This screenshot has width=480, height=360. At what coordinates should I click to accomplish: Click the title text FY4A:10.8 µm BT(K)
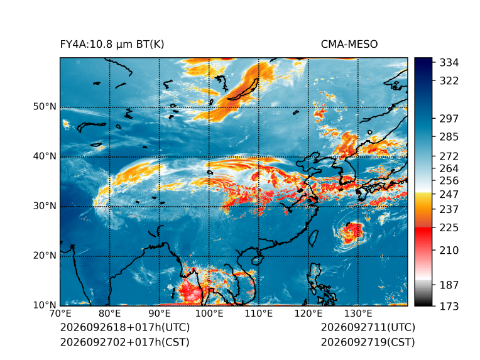(x=112, y=45)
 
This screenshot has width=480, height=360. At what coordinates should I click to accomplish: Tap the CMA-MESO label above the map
(x=349, y=45)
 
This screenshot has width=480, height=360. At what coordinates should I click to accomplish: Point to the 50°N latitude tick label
(x=45, y=107)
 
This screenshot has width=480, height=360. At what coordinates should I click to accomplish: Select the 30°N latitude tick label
(x=45, y=205)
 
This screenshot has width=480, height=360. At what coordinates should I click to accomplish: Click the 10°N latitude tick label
(x=45, y=305)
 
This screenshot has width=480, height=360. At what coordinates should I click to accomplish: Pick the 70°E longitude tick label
(x=60, y=314)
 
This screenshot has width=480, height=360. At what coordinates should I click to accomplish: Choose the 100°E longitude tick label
(x=209, y=314)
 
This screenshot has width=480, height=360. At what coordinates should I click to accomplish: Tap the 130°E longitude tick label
(x=358, y=314)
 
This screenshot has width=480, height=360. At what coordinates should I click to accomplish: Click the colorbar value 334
(x=449, y=62)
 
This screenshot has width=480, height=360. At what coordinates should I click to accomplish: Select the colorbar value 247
(x=449, y=194)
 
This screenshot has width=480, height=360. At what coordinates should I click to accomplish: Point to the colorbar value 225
(x=449, y=228)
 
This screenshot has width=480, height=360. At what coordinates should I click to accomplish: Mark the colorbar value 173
(x=449, y=306)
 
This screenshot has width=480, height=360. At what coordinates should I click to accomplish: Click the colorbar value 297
(x=449, y=118)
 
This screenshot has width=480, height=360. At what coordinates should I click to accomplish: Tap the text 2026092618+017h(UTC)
(x=125, y=327)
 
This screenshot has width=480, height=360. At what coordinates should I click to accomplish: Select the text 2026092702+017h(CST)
(x=124, y=342)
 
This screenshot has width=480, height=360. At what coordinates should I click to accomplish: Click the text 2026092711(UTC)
(x=368, y=327)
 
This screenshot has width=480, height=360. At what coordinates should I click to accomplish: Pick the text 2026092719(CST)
(x=368, y=342)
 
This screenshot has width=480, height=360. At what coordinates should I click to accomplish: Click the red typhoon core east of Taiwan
(x=352, y=232)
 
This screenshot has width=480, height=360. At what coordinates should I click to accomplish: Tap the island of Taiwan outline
(x=314, y=239)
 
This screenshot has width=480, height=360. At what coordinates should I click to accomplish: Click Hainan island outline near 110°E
(x=258, y=261)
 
